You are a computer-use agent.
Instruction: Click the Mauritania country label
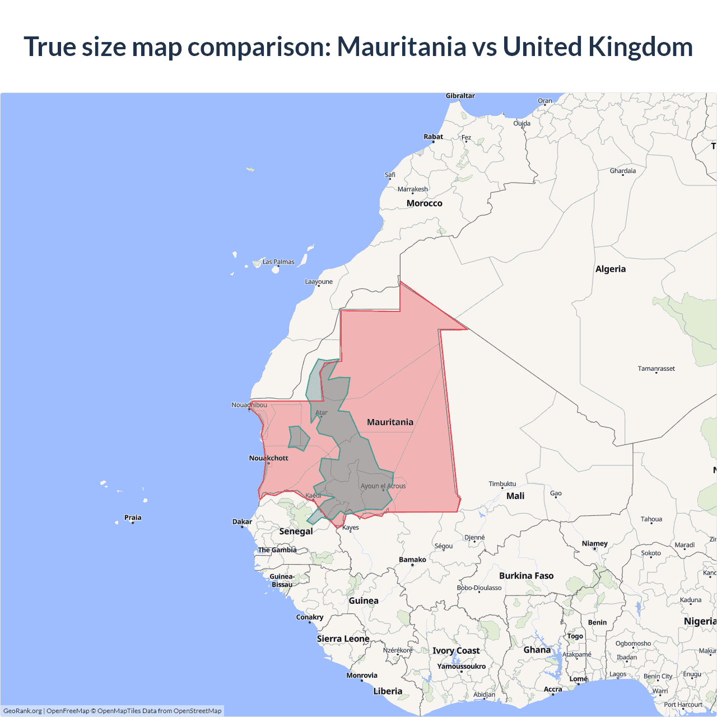pyautogui.click(x=390, y=422)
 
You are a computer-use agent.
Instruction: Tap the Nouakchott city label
pyautogui.click(x=268, y=458)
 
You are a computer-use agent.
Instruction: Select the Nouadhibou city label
pyautogui.click(x=249, y=404)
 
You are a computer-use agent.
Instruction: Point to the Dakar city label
pyautogui.click(x=242, y=522)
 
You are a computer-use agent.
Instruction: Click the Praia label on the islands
pyautogui.click(x=133, y=517)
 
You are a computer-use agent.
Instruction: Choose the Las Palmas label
pyautogui.click(x=278, y=262)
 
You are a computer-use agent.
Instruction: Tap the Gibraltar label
pyautogui.click(x=460, y=96)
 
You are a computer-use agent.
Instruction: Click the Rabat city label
pyautogui.click(x=433, y=136)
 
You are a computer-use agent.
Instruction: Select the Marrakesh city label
pyautogui.click(x=412, y=189)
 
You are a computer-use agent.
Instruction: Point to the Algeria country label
pyautogui.click(x=611, y=269)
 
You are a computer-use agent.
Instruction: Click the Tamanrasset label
pyautogui.click(x=656, y=368)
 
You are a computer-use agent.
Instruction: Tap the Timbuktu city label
pyautogui.click(x=502, y=483)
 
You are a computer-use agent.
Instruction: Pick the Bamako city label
pyautogui.click(x=412, y=559)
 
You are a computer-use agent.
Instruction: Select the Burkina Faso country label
pyautogui.click(x=526, y=575)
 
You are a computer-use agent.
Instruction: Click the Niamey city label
pyautogui.click(x=594, y=543)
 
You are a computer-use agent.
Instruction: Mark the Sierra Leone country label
pyautogui.click(x=343, y=639)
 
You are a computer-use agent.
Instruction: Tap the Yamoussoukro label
pyautogui.click(x=461, y=666)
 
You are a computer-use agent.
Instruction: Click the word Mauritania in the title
pyautogui.click(x=401, y=46)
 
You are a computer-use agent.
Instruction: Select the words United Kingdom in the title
pyautogui.click(x=598, y=46)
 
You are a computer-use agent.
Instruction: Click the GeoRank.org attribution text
pyautogui.click(x=22, y=711)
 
